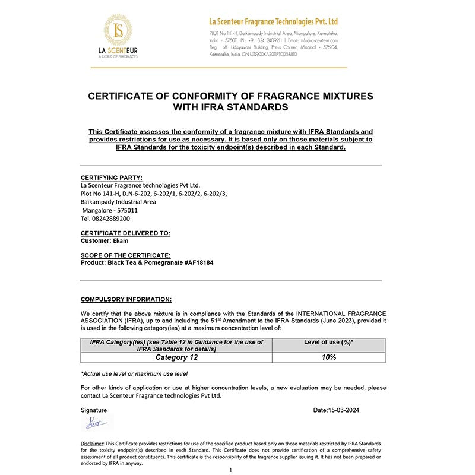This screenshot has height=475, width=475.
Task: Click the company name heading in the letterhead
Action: (x=274, y=22)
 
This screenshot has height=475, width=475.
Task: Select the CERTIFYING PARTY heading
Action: (x=111, y=177)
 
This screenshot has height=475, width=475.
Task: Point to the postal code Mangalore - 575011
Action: (x=110, y=210)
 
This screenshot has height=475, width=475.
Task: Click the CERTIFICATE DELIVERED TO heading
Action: (x=125, y=233)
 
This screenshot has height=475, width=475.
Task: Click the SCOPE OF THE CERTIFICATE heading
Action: (x=125, y=255)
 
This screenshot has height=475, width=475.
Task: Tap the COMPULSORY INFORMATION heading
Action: (x=126, y=299)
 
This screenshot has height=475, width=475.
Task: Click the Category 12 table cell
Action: (x=176, y=357)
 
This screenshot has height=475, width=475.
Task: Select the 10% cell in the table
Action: (x=328, y=357)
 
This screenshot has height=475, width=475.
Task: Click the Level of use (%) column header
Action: (x=328, y=343)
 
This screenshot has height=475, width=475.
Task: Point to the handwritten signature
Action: (x=94, y=423)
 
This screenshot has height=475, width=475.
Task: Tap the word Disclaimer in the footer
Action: (x=92, y=444)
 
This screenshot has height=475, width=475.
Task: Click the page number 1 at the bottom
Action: (x=230, y=469)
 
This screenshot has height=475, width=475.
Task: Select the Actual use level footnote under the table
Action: (x=134, y=373)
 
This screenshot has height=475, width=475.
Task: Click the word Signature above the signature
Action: (x=94, y=410)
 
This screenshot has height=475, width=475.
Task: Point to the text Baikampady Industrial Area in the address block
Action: (x=118, y=202)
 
